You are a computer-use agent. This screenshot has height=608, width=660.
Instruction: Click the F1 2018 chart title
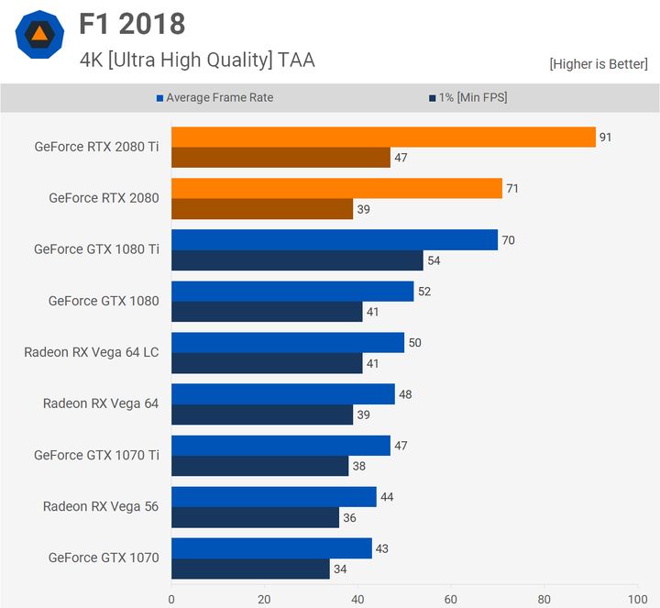point(132,24)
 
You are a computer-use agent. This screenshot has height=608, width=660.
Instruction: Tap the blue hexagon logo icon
point(39,36)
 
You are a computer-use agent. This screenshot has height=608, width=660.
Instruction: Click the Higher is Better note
point(598,63)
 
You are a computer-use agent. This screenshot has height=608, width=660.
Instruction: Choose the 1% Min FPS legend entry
point(467,97)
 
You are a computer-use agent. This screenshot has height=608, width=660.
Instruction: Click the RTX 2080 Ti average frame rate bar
point(383,137)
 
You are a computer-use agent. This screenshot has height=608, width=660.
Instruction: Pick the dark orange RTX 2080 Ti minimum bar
point(280,158)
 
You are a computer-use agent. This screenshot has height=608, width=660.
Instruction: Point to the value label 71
point(513,189)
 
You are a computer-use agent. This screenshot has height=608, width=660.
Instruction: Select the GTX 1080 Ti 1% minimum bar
point(297,260)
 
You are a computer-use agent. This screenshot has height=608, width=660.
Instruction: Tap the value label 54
point(434,260)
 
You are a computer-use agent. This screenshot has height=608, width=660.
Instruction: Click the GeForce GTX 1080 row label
point(104,301)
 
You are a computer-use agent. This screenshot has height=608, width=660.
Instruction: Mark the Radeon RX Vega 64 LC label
point(92,352)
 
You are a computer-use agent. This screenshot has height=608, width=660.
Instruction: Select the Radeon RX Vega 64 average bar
point(282,393)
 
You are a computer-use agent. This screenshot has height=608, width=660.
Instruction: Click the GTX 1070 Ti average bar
point(280,445)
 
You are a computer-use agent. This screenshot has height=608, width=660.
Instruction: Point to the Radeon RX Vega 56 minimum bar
point(255,517)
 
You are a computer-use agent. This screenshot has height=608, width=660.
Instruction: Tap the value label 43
point(383,548)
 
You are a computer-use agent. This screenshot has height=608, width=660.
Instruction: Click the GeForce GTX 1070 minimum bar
point(250,569)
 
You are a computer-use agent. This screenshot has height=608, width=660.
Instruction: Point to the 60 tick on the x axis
point(451,599)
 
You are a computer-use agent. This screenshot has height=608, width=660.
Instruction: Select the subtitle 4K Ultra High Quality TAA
point(197,61)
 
